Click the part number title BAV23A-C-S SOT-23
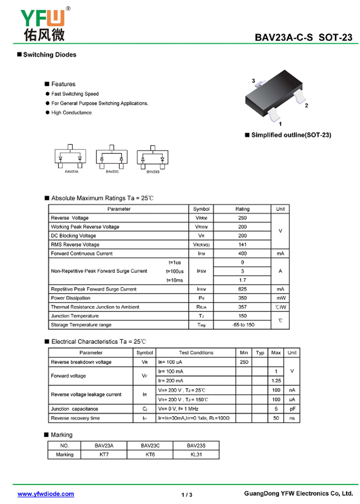(303, 38)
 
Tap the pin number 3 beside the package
(253, 81)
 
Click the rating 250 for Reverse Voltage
(242, 218)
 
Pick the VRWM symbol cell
(201, 227)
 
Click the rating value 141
(242, 244)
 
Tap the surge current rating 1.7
(242, 280)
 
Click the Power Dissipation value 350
(242, 298)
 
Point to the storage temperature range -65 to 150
(242, 324)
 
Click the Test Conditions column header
(196, 352)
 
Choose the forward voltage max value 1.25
(276, 380)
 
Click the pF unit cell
(292, 409)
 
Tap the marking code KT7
(104, 454)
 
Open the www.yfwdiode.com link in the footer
(46, 494)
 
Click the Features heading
(63, 84)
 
